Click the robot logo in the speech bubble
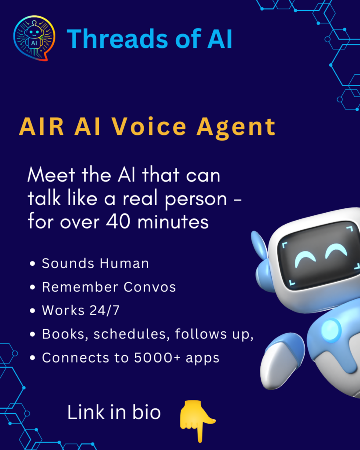(34, 38)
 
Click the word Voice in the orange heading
(149, 127)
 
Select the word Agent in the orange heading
(236, 128)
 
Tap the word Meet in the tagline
(51, 174)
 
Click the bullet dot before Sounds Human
(33, 264)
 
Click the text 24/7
(105, 310)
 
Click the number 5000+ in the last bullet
(157, 358)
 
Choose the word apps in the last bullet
(202, 359)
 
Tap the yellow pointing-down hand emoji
(197, 421)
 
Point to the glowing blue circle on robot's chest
(331, 330)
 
